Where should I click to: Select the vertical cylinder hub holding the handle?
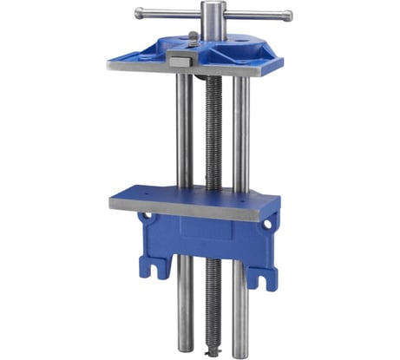click(213, 21)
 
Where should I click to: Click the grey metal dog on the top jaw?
click(181, 61)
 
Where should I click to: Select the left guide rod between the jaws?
click(185, 130)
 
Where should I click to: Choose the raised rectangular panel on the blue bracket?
click(209, 230)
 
